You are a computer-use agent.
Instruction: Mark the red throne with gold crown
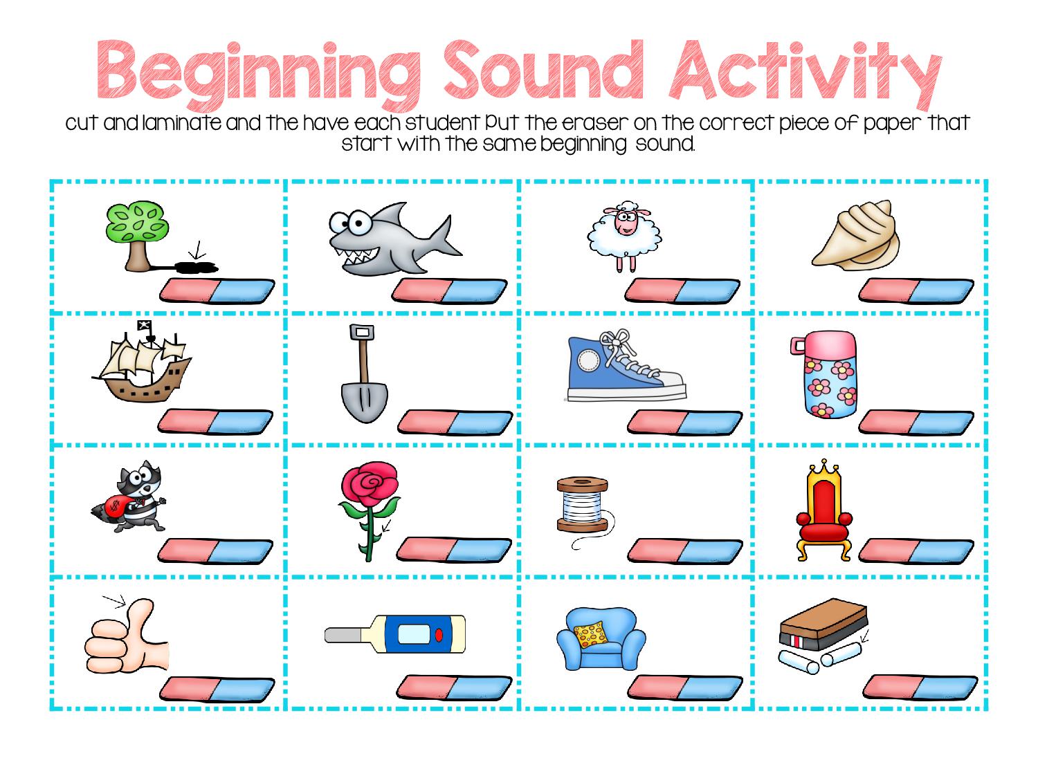point(824,508)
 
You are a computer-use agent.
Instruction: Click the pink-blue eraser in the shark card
point(450,290)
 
